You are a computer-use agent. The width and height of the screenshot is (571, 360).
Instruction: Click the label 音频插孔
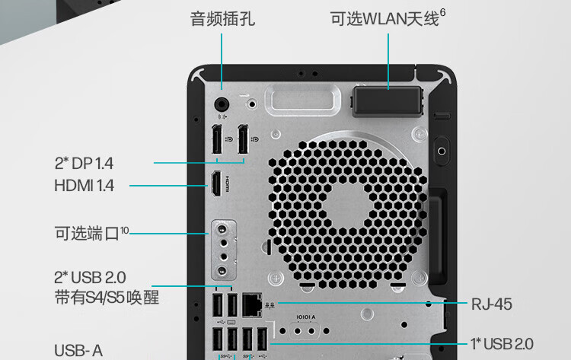tap(222, 18)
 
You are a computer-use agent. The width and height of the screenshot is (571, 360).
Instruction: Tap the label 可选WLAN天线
tap(384, 19)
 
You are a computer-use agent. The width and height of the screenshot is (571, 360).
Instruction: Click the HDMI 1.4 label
tap(85, 185)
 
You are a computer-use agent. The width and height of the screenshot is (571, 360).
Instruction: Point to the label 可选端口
tap(87, 232)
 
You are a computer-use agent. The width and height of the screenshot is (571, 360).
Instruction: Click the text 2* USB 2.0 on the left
tap(90, 276)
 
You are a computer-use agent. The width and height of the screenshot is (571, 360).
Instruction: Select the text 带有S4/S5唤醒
tap(107, 297)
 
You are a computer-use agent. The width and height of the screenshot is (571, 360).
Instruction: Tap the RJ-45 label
tap(491, 304)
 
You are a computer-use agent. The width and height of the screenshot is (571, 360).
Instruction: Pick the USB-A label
tap(78, 350)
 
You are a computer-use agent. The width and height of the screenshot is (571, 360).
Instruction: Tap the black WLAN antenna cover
tap(388, 100)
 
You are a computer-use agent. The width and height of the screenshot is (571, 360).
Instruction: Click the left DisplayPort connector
tap(217, 142)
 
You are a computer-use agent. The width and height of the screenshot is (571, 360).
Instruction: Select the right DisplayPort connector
tap(244, 142)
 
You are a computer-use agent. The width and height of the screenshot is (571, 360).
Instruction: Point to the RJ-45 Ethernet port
tap(252, 304)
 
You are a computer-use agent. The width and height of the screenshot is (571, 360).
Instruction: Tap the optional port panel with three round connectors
tap(222, 250)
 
